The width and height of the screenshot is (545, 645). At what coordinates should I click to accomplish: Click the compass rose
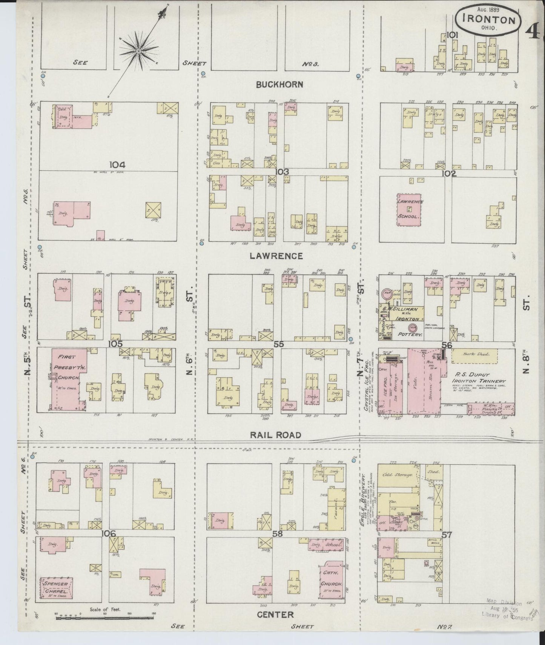click(x=138, y=51)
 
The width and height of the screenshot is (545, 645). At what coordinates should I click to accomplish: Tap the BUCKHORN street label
click(x=279, y=84)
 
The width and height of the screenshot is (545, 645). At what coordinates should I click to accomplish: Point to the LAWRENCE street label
click(x=276, y=256)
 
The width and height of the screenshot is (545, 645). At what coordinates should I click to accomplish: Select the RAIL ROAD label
click(x=276, y=435)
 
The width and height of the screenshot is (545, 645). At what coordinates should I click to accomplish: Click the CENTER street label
click(x=275, y=614)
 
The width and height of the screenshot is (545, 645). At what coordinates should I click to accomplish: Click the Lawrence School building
click(x=409, y=210)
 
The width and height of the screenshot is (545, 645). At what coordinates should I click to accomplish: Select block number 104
click(x=117, y=164)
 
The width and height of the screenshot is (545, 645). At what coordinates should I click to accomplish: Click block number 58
click(x=278, y=534)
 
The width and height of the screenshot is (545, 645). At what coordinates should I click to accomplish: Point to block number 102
click(x=449, y=174)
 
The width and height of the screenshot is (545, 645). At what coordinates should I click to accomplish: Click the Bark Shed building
click(x=474, y=354)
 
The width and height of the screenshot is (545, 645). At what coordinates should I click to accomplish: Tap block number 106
click(x=109, y=533)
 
